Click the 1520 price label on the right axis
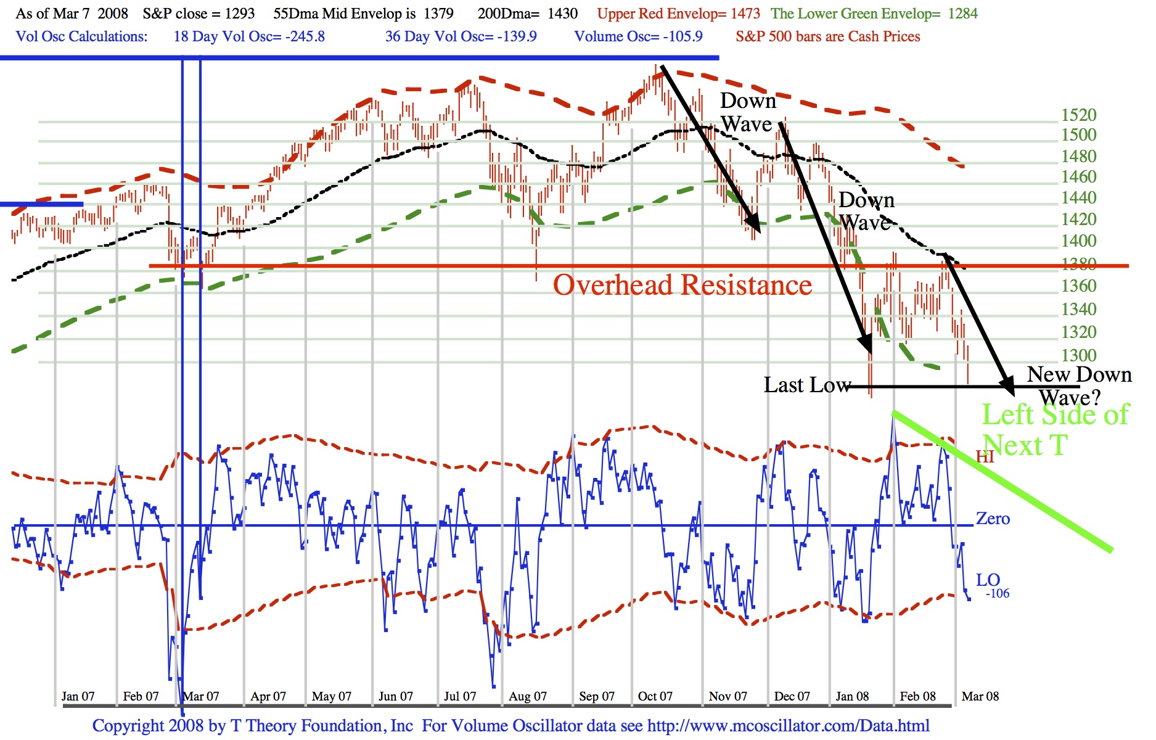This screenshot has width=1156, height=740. tap(1078, 115)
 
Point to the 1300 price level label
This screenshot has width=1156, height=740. tap(1078, 356)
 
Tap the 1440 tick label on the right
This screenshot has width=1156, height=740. tap(1078, 198)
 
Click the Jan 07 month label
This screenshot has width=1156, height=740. tap(78, 696)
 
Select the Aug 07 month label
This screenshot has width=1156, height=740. tap(528, 696)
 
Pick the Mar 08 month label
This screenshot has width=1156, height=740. tap(980, 696)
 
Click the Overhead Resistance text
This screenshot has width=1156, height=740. tap(683, 286)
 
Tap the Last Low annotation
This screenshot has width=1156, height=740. tap(807, 385)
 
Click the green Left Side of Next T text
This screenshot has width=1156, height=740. tap(1055, 430)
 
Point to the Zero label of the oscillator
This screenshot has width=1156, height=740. tap(993, 519)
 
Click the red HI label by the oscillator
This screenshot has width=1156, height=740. tap(985, 456)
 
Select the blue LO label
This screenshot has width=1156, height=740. tap(988, 580)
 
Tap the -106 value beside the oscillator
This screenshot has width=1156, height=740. tap(998, 594)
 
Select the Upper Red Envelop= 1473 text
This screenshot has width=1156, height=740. tap(678, 14)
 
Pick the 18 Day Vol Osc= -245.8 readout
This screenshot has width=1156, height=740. tap(249, 36)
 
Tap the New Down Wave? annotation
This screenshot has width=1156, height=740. tap(1078, 385)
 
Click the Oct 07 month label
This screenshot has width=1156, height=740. tap(655, 696)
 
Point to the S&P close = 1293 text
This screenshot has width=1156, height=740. tap(199, 14)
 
